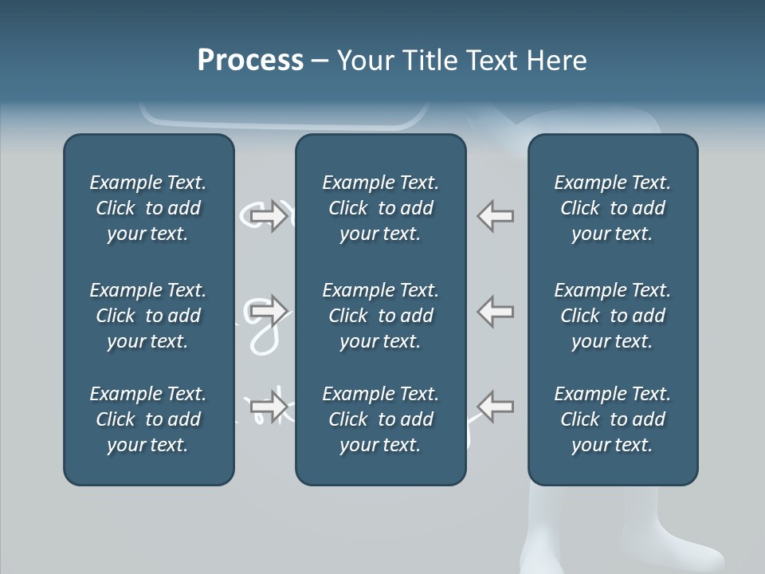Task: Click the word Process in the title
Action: [250, 61]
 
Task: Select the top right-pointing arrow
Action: [269, 216]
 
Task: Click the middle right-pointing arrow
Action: [269, 309]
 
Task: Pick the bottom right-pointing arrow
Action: [269, 407]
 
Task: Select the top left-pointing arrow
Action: [495, 216]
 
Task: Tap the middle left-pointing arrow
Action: [495, 310]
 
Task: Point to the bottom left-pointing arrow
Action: [495, 406]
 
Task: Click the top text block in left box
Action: [148, 208]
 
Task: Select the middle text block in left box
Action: [148, 316]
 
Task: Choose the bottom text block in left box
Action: [148, 419]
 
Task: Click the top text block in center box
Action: [380, 208]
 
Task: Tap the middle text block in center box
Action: [380, 316]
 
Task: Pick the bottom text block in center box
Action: [380, 419]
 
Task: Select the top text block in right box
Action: [612, 208]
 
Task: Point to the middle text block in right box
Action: [612, 316]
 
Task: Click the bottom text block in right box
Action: [612, 419]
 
